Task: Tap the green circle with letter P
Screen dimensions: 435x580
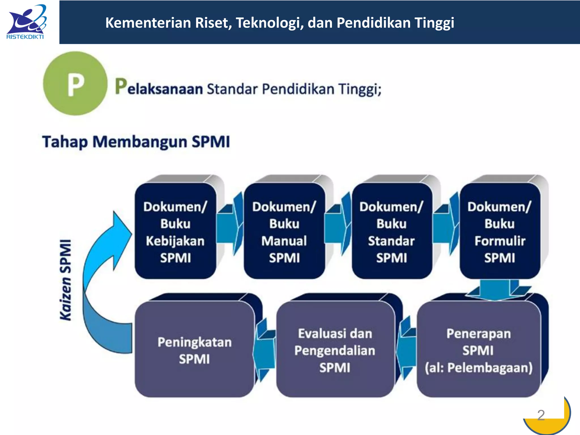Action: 75,84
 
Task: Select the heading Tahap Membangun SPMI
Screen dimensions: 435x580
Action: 136,142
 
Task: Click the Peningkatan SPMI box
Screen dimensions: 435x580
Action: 195,350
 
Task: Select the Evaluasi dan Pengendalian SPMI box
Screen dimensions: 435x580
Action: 335,350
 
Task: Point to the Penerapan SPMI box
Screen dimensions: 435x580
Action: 479,350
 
